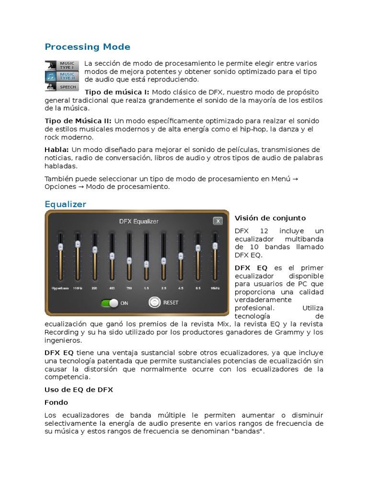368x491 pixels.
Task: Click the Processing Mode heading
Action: pos(87,47)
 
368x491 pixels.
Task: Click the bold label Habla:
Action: pos(57,150)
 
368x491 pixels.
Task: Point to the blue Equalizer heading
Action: pos(65,204)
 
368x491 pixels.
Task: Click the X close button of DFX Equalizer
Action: pos(218,221)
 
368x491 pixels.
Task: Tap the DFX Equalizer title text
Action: pos(138,222)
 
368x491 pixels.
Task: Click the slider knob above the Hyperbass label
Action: pos(60,247)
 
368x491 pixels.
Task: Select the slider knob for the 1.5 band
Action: pos(146,264)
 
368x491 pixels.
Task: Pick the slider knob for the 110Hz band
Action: pos(78,244)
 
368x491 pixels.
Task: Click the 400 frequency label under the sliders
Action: pos(112,289)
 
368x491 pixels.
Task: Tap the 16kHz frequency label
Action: pos(215,289)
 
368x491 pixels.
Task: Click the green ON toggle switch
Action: pos(110,303)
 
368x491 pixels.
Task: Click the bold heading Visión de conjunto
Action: pos(270,218)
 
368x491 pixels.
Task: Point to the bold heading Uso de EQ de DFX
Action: pos(79,390)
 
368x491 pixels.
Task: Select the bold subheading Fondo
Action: pos(57,402)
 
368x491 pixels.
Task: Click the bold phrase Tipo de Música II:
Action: pos(78,121)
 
